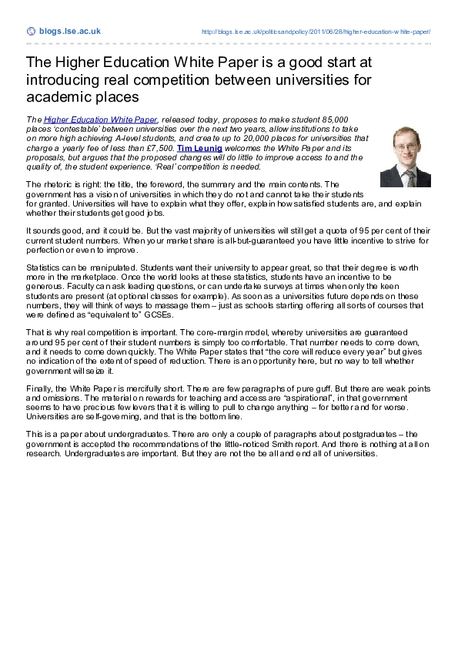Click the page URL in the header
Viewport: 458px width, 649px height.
(x=316, y=32)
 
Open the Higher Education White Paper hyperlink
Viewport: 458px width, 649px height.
(x=101, y=120)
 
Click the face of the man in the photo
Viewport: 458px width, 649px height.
(x=405, y=146)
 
